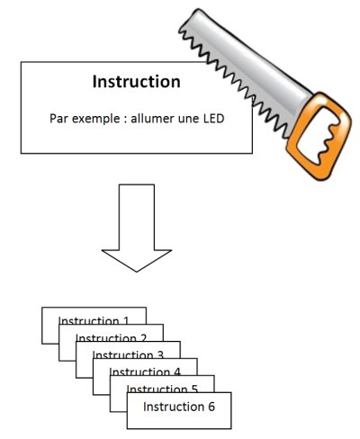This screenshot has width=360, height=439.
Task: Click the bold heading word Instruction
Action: [136, 82]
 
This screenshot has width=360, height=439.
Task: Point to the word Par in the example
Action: [60, 118]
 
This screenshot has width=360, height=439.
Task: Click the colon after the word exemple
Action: [122, 118]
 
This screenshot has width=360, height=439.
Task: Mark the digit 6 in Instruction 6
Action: [211, 407]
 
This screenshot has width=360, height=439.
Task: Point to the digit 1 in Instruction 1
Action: [126, 320]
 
